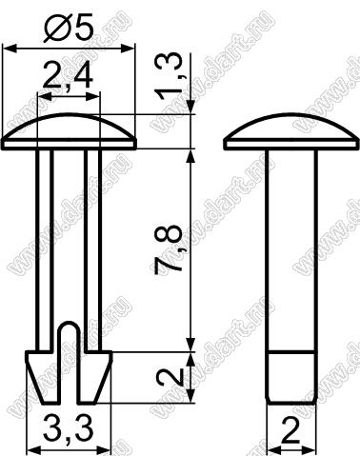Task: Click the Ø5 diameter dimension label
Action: click(x=69, y=28)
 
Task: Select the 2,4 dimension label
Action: click(x=68, y=76)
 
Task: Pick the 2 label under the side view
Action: click(x=290, y=430)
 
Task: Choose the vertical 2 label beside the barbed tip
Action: click(x=171, y=377)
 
